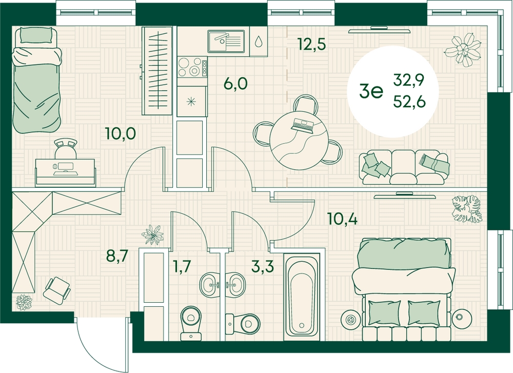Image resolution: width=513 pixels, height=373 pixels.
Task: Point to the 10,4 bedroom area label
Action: pos(342,220)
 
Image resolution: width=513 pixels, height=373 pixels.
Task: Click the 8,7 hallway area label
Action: pos(117,256)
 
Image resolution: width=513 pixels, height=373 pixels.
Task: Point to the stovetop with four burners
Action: pos(191,67)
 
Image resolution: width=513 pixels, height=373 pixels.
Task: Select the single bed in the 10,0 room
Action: pos(37,80)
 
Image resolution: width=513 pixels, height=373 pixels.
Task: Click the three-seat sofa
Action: pos(405,167)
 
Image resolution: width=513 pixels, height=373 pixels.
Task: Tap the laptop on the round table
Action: pos(302,124)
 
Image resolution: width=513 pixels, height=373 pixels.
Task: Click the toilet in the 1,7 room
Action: pos(191,321)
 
